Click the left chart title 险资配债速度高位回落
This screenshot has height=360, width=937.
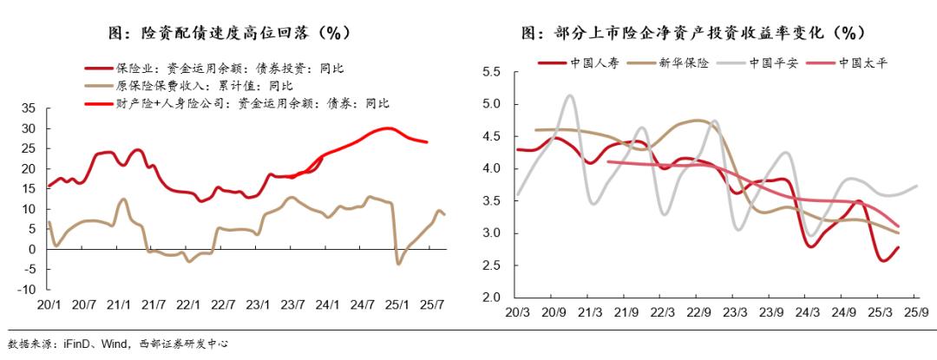coord(229,33)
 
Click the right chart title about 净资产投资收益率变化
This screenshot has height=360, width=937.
coord(694,33)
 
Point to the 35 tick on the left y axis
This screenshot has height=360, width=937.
coord(29,108)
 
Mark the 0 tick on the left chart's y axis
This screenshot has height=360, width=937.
coord(32,250)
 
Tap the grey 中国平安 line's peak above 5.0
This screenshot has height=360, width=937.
coord(569,95)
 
